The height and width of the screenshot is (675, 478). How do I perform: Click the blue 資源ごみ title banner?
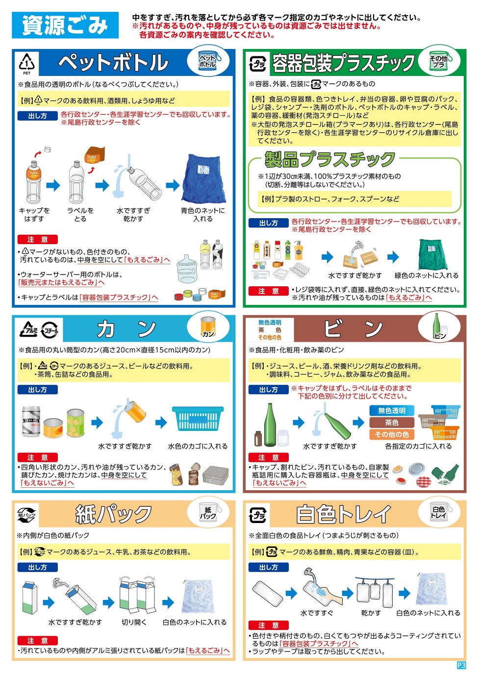point(65,25)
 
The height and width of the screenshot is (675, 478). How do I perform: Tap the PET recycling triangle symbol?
point(27,62)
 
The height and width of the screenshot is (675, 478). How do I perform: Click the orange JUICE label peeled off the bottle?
point(95,155)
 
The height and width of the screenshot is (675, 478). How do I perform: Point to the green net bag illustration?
point(432,254)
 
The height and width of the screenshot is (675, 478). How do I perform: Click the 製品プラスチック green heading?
point(330,159)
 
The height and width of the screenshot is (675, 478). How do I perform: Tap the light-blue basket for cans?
point(198,418)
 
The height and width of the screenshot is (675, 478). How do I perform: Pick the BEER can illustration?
point(31,421)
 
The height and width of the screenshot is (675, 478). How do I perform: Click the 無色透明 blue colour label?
point(392,410)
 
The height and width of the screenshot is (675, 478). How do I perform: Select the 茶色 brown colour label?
point(392,423)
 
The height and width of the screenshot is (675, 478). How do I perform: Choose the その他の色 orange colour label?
point(392,434)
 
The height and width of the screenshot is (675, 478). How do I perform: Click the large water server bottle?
point(187,268)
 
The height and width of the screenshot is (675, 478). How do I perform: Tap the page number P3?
point(461,665)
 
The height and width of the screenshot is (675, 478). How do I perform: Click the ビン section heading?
point(353,328)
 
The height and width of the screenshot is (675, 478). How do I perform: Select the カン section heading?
point(126,329)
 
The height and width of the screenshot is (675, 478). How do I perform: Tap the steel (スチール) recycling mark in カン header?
point(50,330)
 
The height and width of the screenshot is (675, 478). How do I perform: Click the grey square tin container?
point(216,475)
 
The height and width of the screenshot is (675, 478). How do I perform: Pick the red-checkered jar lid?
point(424,481)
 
